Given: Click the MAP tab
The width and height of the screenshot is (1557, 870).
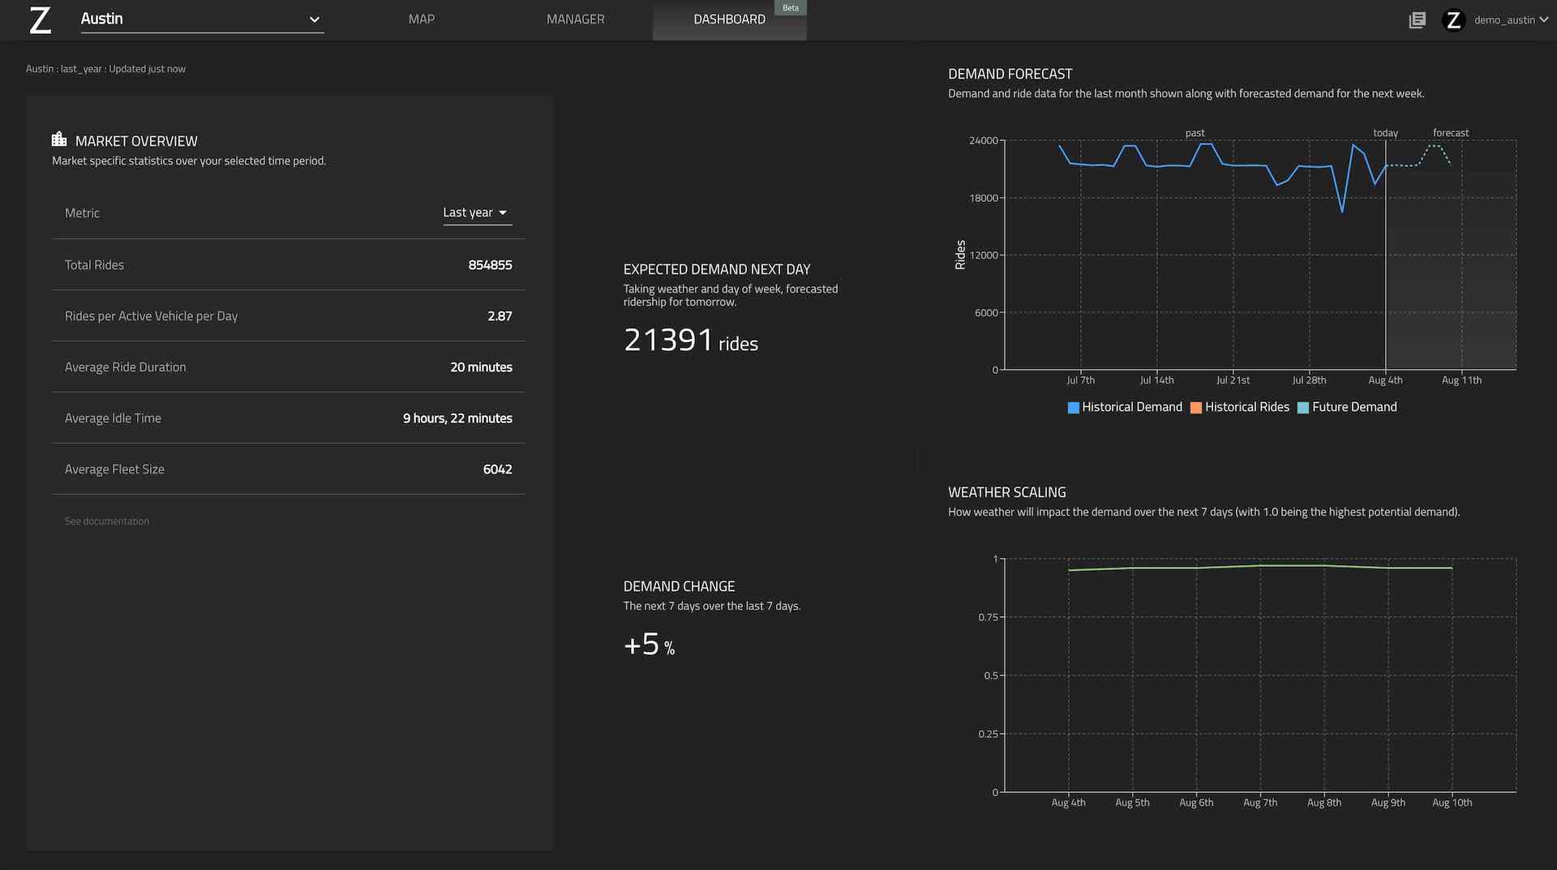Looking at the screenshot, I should pyautogui.click(x=421, y=19).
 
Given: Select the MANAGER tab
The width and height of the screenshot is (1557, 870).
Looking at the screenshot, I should pyautogui.click(x=575, y=19).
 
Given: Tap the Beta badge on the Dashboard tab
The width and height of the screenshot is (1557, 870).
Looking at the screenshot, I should pyautogui.click(x=790, y=8).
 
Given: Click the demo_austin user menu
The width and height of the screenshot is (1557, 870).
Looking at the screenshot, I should pyautogui.click(x=1504, y=19).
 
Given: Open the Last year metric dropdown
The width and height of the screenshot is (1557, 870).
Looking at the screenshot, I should pyautogui.click(x=476, y=212).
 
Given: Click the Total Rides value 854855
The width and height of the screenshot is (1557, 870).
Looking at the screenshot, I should pyautogui.click(x=490, y=265).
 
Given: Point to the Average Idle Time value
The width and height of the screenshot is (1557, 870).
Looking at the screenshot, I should pyautogui.click(x=457, y=418).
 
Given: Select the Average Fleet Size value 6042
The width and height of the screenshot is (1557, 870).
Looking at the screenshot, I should pyautogui.click(x=497, y=469).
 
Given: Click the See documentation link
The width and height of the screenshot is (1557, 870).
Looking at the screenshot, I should pyautogui.click(x=107, y=521).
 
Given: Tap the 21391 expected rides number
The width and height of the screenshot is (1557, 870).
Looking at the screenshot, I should pyautogui.click(x=668, y=341).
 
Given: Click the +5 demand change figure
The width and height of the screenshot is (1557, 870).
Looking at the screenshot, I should pyautogui.click(x=642, y=645).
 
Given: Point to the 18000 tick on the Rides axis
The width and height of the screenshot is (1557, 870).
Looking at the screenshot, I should pyautogui.click(x=984, y=198).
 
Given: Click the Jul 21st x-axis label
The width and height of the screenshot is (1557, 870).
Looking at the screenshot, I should pyautogui.click(x=1233, y=380).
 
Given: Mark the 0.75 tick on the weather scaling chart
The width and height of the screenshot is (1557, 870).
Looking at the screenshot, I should pyautogui.click(x=988, y=617).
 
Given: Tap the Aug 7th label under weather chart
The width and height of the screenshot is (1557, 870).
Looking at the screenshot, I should pyautogui.click(x=1259, y=803).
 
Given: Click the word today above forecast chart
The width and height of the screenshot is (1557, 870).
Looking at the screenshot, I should pyautogui.click(x=1385, y=133).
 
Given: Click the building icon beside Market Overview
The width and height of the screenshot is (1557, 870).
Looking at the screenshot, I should pyautogui.click(x=59, y=139).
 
